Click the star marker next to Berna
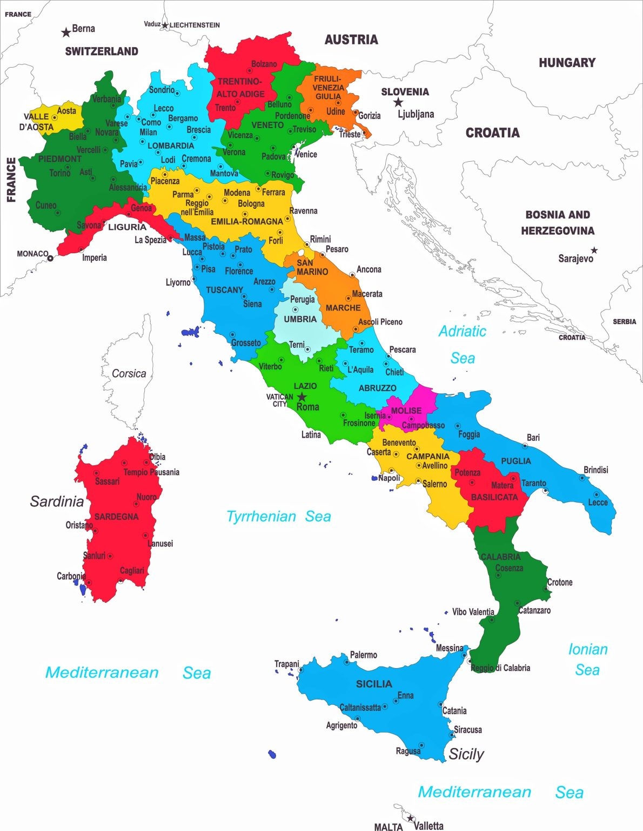point(66,32)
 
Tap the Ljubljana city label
point(416,114)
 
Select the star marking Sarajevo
point(594,250)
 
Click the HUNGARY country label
point(567,63)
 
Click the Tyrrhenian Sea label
point(278,517)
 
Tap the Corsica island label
point(129,373)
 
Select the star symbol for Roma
point(302,397)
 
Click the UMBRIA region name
point(300,319)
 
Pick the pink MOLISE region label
point(406,411)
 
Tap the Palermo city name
point(363,655)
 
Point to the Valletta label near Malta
point(428,826)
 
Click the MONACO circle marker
point(50,259)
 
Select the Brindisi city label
point(595,470)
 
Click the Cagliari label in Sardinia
point(132,571)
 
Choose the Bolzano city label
point(264,64)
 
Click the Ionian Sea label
point(587,659)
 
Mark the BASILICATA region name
point(494,497)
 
